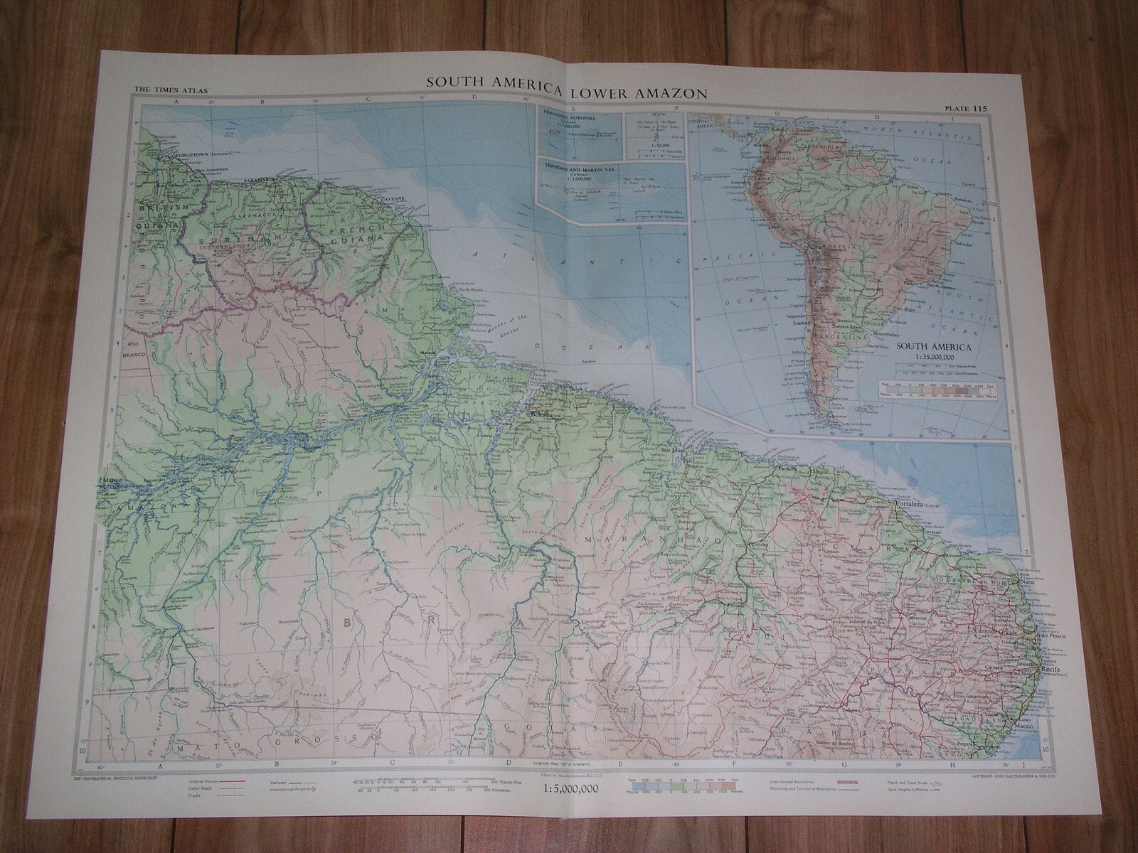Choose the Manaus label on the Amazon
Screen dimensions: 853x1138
point(113,481)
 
